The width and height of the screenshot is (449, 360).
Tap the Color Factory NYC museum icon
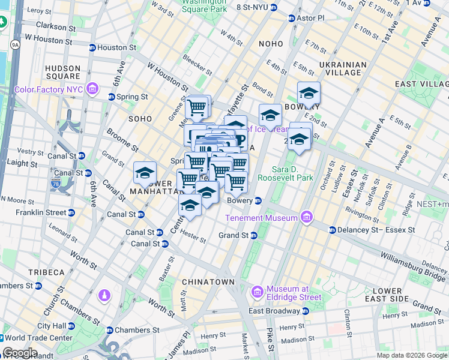click(x=92, y=89)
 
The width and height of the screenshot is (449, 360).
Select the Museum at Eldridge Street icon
click(x=258, y=292)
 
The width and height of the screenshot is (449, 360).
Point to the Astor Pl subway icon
click(x=292, y=19)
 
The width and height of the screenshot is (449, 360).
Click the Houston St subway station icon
click(x=92, y=47)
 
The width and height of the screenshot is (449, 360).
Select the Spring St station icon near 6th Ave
click(x=112, y=97)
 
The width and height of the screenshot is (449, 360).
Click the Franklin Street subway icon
click(x=71, y=212)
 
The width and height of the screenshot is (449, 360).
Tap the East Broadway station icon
click(x=306, y=311)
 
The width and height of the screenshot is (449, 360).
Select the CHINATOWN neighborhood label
click(x=208, y=281)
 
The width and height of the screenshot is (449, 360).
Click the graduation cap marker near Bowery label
click(x=309, y=93)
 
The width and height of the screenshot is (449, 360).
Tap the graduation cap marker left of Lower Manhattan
click(x=145, y=173)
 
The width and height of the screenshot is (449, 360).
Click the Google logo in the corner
click(x=20, y=353)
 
